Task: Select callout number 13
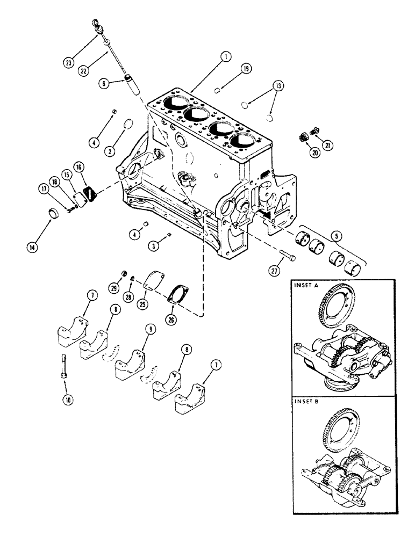point(278,85)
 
